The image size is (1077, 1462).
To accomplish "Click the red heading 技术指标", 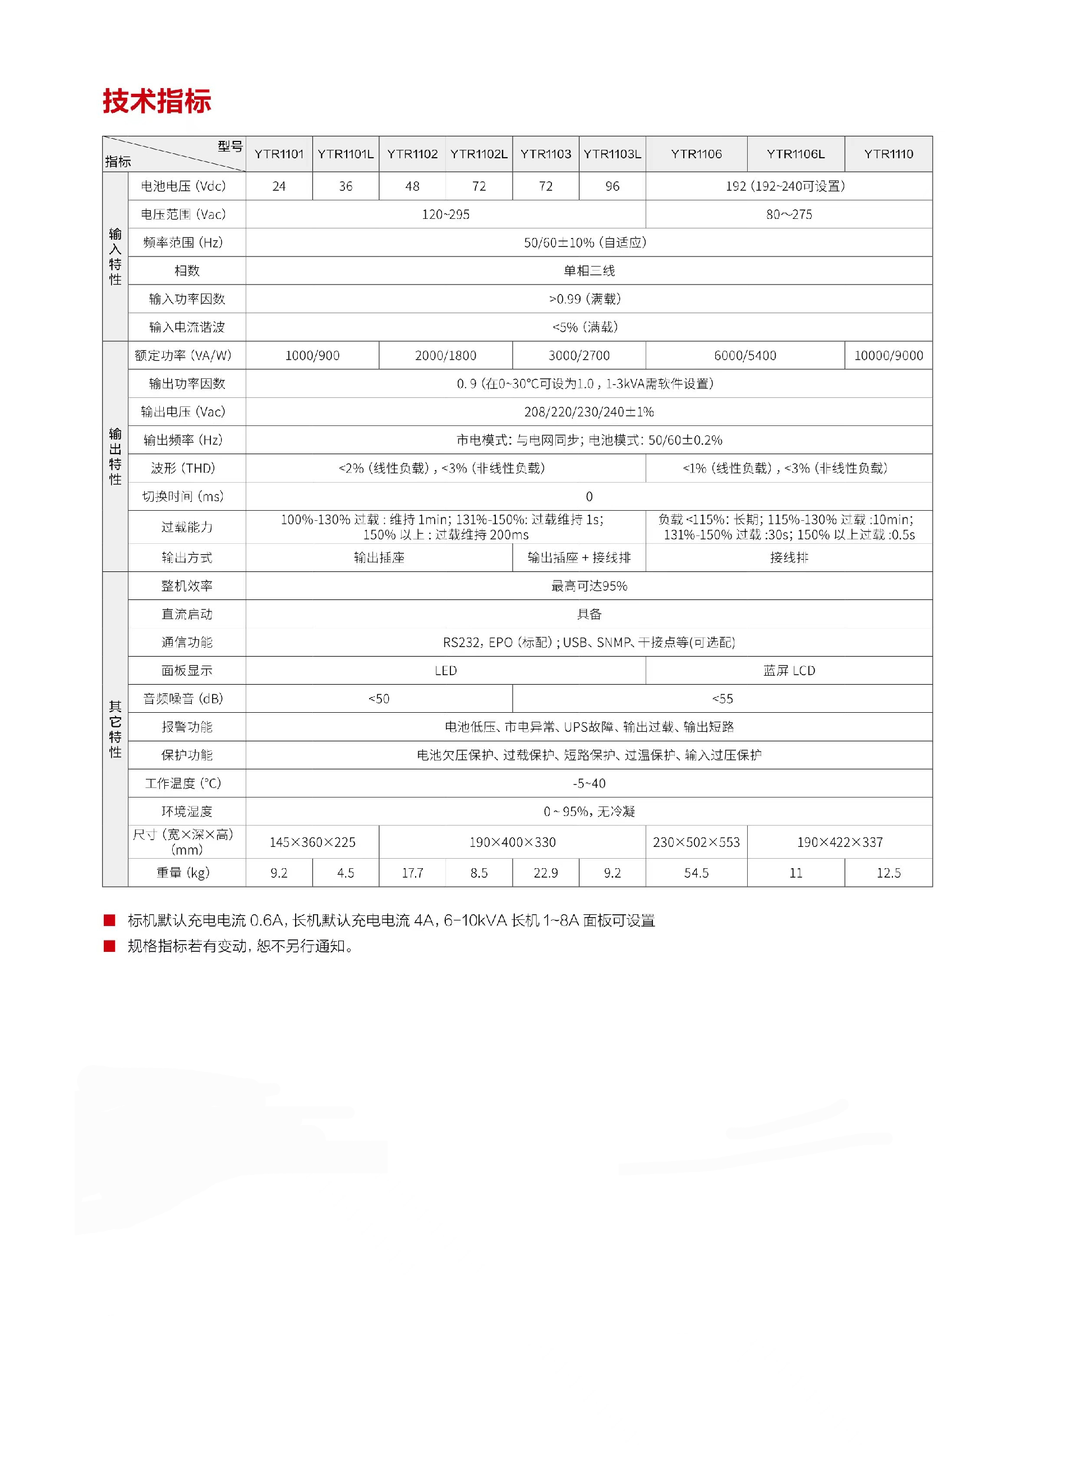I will coord(157,101).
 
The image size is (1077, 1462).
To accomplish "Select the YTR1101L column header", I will coord(346,154).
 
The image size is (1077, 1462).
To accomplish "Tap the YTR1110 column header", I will coord(889,154).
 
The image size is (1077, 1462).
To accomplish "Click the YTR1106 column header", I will coord(696,154).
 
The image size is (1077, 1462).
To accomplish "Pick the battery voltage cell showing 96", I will coord(612,186).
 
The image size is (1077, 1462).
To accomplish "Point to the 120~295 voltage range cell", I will coord(445,214).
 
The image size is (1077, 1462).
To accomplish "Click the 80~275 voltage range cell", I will coord(789,214).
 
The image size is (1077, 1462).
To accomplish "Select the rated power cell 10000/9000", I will coord(889,355).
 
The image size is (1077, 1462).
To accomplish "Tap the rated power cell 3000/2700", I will coord(579,355).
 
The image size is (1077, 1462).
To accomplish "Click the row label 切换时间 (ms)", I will coord(183,496).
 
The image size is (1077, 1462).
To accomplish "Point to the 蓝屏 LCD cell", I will coord(789,670).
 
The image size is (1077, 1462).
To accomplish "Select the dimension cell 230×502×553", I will coord(696,842).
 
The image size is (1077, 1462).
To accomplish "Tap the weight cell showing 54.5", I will coord(696,873).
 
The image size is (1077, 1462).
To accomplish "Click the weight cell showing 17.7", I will coord(412,873).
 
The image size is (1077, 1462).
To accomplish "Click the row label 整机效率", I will coord(187,585).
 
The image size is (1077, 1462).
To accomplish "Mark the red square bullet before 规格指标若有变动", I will coord(109,946).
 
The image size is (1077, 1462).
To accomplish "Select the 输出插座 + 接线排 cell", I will coord(579,557).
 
